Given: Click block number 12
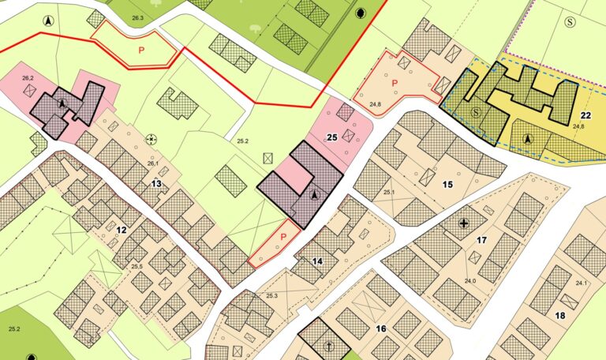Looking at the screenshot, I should tap(121, 230).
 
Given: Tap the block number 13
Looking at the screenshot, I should tap(156, 184).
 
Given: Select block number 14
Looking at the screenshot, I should tap(317, 261).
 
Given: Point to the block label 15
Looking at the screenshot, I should tap(447, 185).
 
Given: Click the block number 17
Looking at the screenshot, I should tap(481, 239).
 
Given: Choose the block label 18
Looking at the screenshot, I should tap(559, 316).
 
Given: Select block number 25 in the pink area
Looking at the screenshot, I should tap(332, 137).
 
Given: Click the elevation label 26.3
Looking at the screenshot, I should tap(138, 17).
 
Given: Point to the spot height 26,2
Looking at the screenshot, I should tap(28, 78).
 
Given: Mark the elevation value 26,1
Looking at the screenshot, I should tap(152, 163).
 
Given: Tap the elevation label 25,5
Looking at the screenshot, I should tap(137, 266).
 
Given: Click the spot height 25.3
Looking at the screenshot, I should tap(272, 295).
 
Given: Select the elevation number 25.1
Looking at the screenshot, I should tap(389, 192).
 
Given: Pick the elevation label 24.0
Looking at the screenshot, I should tap(470, 281).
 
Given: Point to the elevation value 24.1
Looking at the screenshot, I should tap(582, 283).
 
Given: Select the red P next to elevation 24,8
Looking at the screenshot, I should tap(392, 82).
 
